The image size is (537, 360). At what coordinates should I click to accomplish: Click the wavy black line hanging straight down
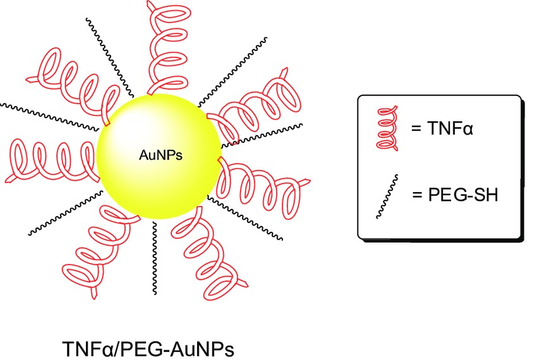(152, 259)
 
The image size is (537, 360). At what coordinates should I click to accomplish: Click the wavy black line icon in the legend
(387, 196)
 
